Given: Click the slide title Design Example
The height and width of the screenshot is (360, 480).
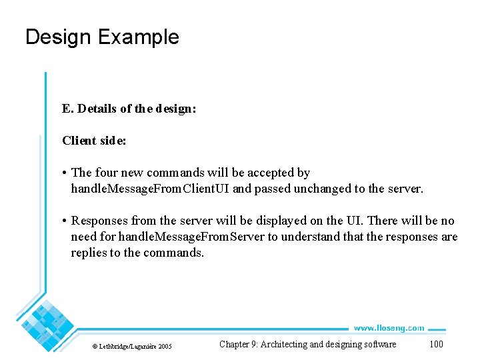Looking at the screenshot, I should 102,37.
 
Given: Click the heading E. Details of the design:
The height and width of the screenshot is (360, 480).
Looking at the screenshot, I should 129,109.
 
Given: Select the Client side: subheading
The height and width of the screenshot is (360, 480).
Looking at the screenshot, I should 94,141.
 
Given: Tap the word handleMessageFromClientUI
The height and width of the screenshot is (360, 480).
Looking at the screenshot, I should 151,189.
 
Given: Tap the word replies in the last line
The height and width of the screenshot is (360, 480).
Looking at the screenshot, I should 88,253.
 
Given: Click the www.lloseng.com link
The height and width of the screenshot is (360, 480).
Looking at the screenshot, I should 389,328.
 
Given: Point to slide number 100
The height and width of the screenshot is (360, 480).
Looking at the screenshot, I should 436,344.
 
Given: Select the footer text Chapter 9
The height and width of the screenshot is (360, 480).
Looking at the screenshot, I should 238,344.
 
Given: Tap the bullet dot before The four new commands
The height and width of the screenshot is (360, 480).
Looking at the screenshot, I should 65,173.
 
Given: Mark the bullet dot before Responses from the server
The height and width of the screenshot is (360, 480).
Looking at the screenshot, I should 65,221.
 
